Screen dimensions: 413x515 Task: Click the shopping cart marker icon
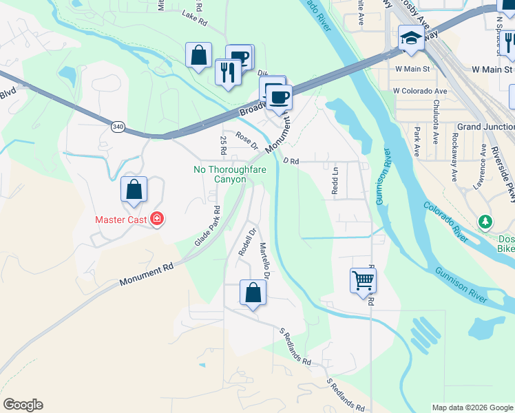[363, 280]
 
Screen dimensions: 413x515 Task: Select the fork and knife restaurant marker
[227, 72]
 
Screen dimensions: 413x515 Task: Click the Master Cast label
[122, 220]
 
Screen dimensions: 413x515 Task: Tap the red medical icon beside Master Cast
[158, 219]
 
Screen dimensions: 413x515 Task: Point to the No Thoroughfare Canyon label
[220, 174]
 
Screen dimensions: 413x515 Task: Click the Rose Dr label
[246, 140]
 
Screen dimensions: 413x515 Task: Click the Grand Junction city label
[485, 127]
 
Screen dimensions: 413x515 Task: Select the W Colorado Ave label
[420, 91]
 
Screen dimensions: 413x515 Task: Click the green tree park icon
[486, 222]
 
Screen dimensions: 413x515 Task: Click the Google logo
[23, 405]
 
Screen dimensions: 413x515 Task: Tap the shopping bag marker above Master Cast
[134, 190]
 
